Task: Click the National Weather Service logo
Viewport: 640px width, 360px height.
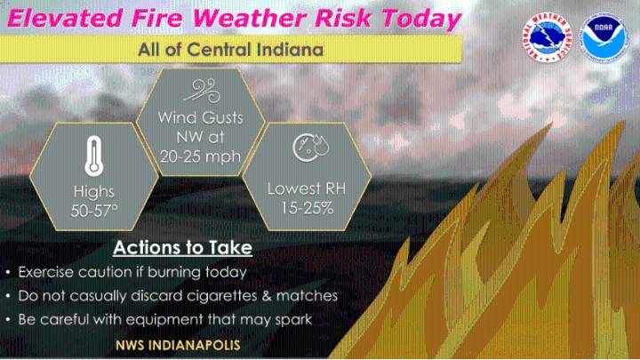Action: pyautogui.click(x=546, y=36)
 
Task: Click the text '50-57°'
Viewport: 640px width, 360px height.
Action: pyautogui.click(x=93, y=211)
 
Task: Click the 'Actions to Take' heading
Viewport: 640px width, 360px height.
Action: pyautogui.click(x=182, y=247)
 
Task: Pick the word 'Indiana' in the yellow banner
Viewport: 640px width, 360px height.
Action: pyautogui.click(x=284, y=49)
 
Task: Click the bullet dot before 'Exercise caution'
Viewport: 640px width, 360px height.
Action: pyautogui.click(x=8, y=273)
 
